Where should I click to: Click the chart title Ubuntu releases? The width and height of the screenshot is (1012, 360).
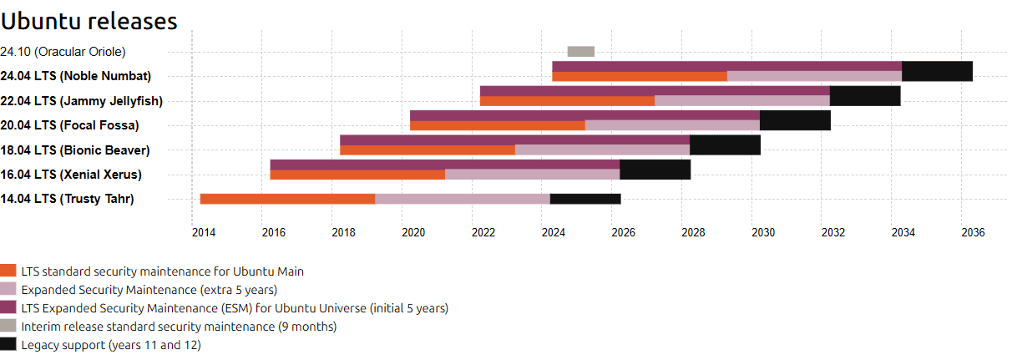point(89,22)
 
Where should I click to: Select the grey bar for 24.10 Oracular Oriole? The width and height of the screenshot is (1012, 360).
point(581,52)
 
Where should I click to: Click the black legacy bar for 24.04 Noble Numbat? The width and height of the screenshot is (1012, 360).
point(937,71)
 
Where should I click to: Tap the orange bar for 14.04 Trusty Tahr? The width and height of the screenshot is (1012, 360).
point(287,199)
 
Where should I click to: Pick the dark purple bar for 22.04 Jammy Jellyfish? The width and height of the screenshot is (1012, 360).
point(655,91)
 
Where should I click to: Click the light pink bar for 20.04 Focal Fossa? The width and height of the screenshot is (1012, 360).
point(672,125)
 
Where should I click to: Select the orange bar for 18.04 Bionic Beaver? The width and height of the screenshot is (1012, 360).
point(428,150)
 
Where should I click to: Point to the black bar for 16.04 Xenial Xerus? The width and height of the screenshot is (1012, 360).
point(655,170)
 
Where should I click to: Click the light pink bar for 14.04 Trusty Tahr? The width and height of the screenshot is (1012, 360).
point(463,199)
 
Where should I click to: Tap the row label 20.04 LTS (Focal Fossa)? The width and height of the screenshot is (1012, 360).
point(69,125)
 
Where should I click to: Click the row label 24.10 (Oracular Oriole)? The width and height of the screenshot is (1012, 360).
point(63,52)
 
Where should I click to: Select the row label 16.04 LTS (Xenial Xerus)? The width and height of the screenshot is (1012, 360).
point(71,175)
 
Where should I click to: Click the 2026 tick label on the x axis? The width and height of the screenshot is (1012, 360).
point(624,233)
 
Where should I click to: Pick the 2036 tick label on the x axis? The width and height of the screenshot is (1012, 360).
point(973,233)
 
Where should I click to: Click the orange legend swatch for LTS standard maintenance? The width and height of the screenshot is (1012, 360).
point(8,271)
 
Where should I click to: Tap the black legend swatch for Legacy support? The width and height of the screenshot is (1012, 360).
point(8,344)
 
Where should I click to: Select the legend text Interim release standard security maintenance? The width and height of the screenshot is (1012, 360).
point(148,327)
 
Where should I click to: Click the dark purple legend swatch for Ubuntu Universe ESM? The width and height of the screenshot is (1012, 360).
point(8,307)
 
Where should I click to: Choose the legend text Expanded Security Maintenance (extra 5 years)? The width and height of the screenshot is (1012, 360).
point(149,290)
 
